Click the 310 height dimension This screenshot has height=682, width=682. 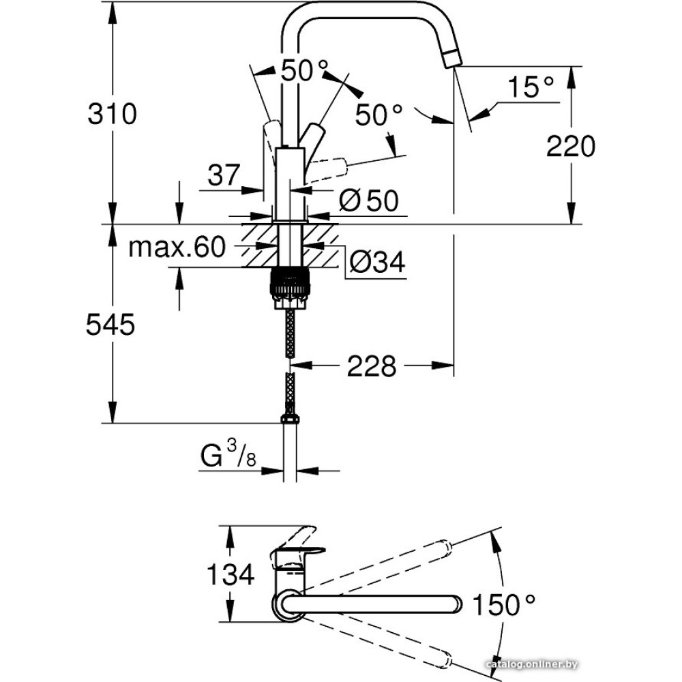pos(113,113)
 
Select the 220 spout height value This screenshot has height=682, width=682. pos(571,146)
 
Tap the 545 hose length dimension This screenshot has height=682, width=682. pos(110,326)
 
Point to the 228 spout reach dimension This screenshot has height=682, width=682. pos(372,367)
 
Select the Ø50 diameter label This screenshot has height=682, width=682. pos(368,200)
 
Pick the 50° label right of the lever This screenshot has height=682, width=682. pos(379,115)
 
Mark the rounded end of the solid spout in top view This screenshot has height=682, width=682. pos(456,604)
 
